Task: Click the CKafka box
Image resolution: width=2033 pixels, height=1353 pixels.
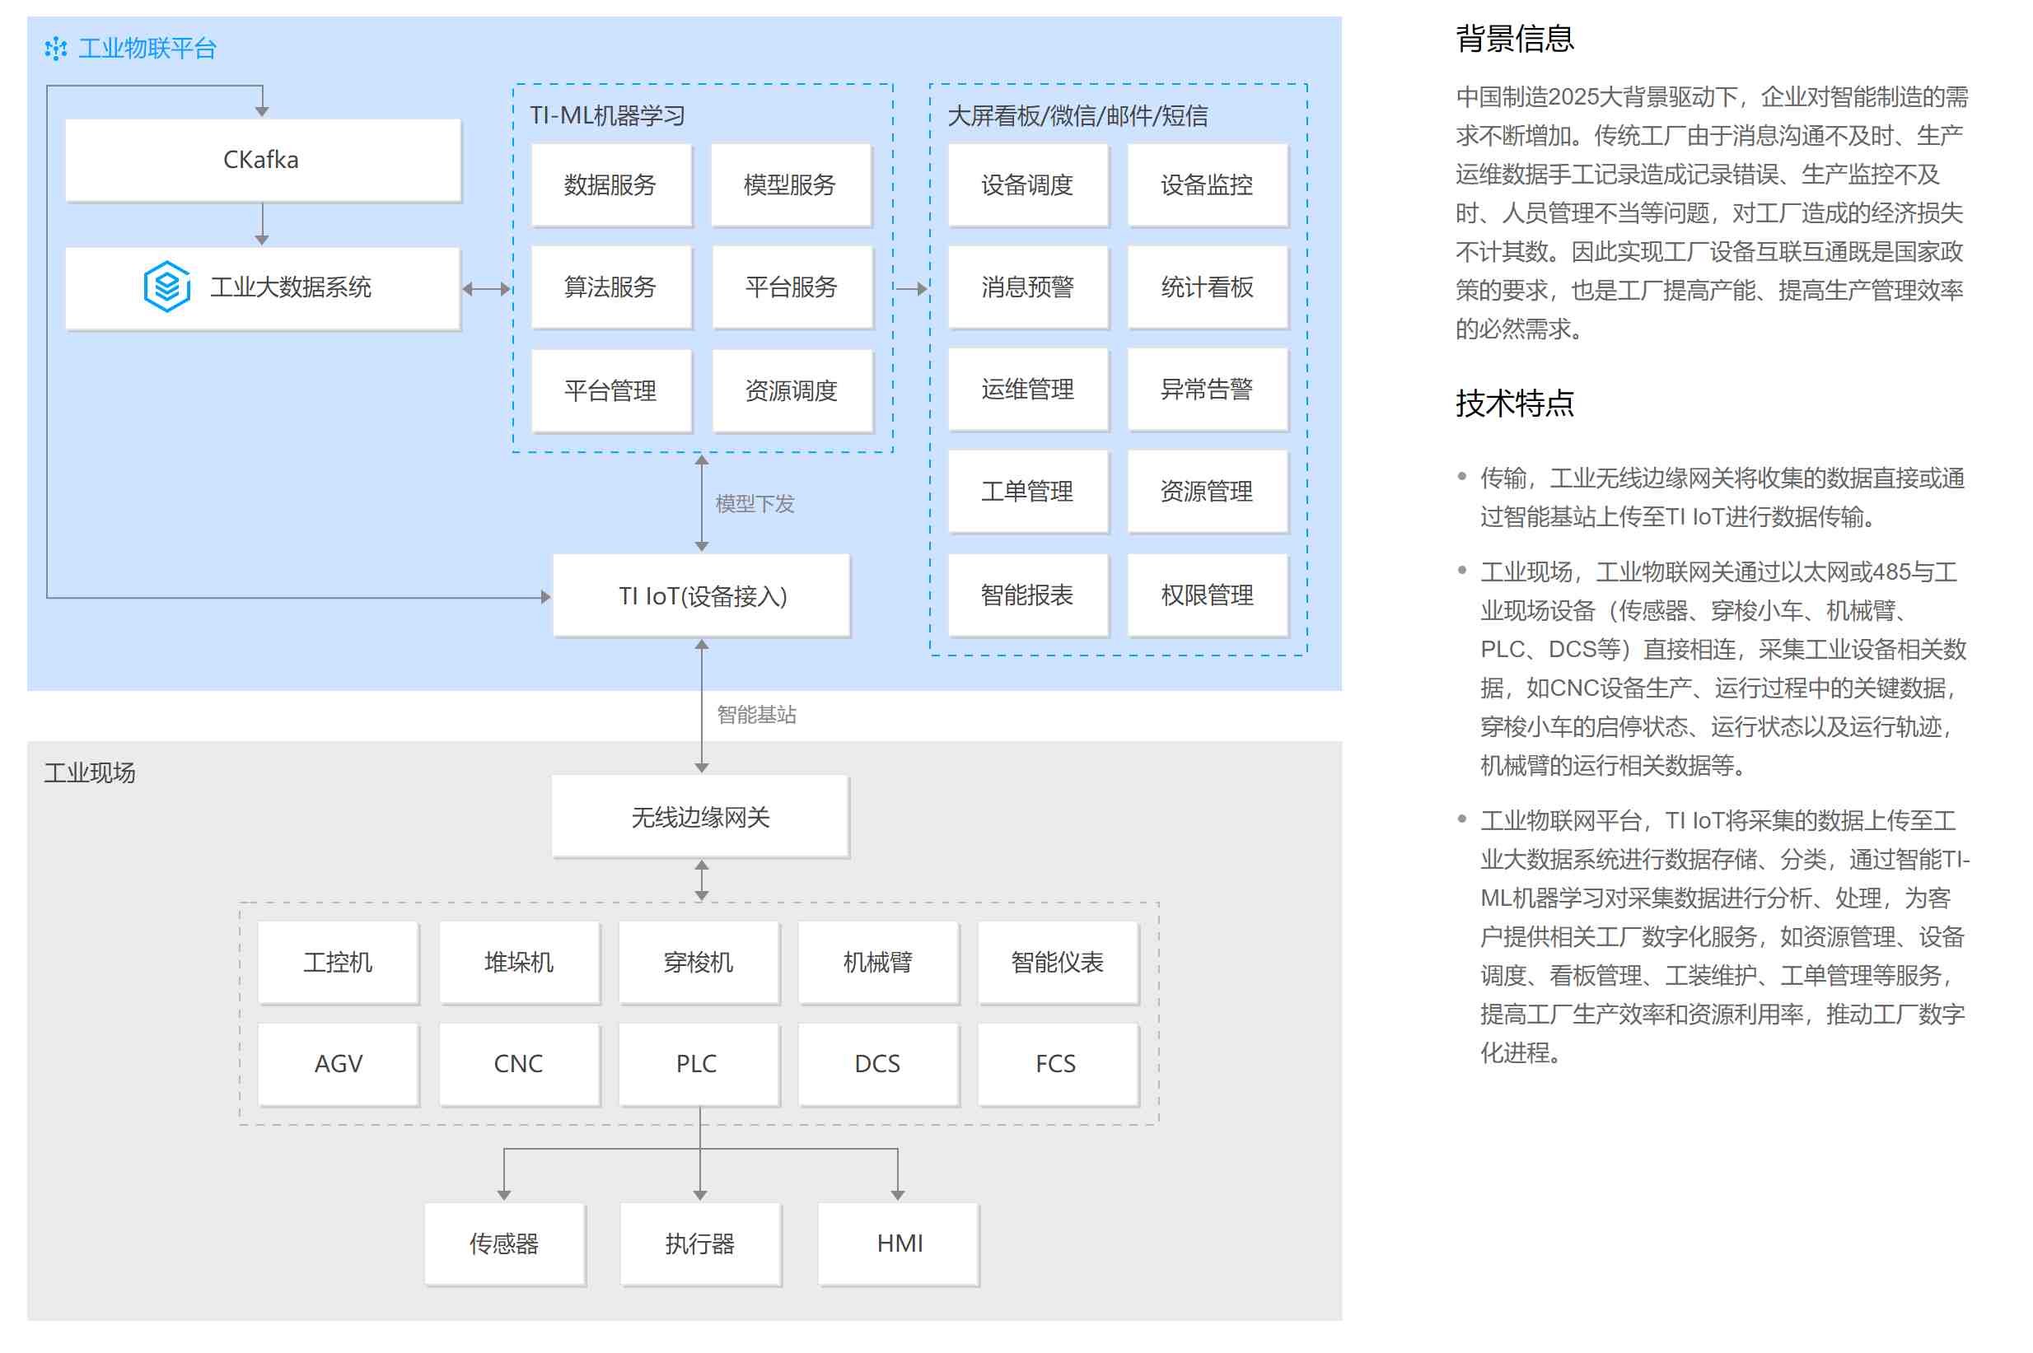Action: pyautogui.click(x=262, y=160)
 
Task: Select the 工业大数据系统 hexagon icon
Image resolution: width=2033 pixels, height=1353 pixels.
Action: pyautogui.click(x=166, y=286)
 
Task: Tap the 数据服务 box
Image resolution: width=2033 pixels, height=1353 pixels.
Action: pyautogui.click(x=611, y=184)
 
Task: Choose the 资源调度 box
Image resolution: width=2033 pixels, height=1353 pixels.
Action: pyautogui.click(x=792, y=390)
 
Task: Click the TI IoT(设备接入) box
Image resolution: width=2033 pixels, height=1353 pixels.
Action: pyautogui.click(x=701, y=595)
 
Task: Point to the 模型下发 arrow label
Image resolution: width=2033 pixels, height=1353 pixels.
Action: pyautogui.click(x=755, y=504)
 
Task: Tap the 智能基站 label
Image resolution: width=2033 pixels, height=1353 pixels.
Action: pyautogui.click(x=756, y=715)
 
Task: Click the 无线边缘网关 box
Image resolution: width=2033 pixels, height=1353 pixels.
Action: pyautogui.click(x=700, y=816)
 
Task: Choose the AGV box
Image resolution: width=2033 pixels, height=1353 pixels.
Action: pyautogui.click(x=339, y=1063)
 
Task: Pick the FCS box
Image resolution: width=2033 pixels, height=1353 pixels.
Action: pyautogui.click(x=1057, y=1063)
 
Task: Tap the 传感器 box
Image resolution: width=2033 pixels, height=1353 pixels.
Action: pyautogui.click(x=504, y=1243)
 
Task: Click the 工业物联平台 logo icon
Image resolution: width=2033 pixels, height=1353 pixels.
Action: pyautogui.click(x=56, y=49)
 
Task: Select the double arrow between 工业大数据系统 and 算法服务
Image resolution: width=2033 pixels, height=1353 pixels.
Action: pyautogui.click(x=487, y=289)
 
